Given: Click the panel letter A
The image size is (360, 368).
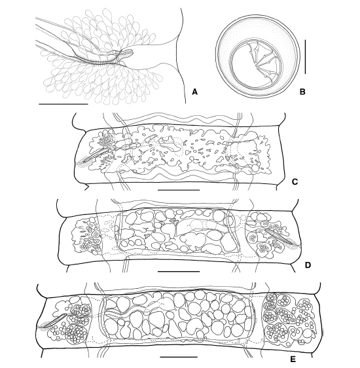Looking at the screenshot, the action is click(x=194, y=92).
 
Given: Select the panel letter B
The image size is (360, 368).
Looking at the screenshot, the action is click(x=302, y=92).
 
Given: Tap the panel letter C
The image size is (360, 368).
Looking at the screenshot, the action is click(x=295, y=181).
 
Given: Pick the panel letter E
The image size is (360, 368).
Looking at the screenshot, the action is click(x=293, y=359).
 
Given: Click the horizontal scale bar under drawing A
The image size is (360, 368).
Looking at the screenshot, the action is click(x=63, y=103).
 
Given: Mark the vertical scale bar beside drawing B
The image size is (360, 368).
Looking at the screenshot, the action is click(x=306, y=57).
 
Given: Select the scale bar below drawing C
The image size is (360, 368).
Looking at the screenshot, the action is click(x=179, y=190).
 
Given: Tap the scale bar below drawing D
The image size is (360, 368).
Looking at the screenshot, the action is click(x=179, y=271).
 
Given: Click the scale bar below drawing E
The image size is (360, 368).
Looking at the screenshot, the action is click(x=179, y=358).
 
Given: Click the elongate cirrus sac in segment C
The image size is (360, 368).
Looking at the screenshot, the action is click(x=97, y=155).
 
